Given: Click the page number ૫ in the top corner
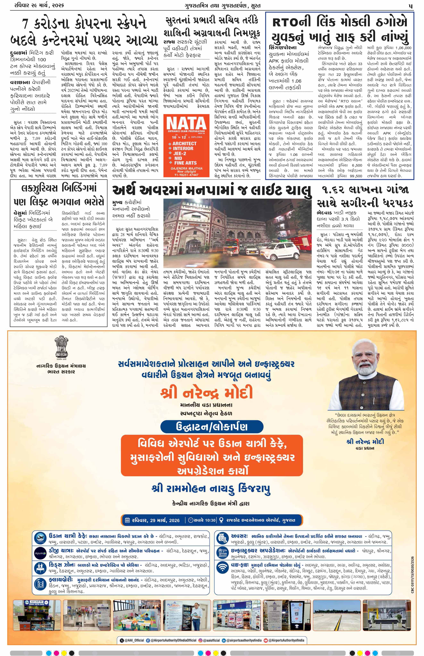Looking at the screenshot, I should (x=410, y=5).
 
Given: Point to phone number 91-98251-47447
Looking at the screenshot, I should (x=185, y=175).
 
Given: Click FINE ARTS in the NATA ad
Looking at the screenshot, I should (x=185, y=163).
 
